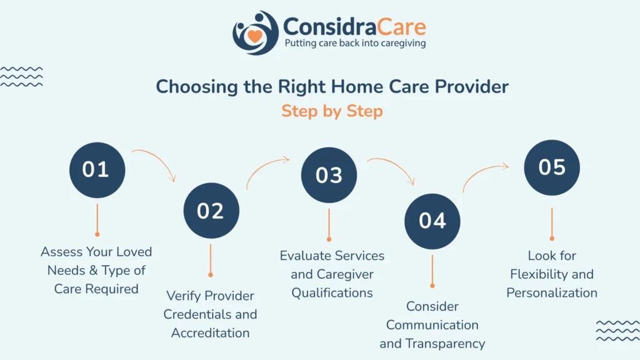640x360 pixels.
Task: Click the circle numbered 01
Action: coord(97,170)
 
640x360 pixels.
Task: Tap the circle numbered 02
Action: coord(211,211)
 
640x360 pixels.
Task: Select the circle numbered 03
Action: coord(329,175)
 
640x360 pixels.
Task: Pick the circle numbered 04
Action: coord(432,221)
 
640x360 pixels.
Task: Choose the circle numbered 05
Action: coord(552,167)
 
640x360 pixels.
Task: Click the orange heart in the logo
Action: coord(255,36)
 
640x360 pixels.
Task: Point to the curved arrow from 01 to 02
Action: coord(159,158)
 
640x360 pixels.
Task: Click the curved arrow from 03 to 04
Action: coord(397,164)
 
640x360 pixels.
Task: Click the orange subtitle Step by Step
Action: coord(332,111)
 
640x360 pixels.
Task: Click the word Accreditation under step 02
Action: coord(210,333)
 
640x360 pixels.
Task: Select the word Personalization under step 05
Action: coord(552,292)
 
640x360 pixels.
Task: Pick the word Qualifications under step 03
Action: coord(332,292)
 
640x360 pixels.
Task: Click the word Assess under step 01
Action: coord(61,252)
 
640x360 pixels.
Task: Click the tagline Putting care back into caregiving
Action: coord(355,43)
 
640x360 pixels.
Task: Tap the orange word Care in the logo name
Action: coord(401,27)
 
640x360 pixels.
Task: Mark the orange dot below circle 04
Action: coord(432,286)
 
